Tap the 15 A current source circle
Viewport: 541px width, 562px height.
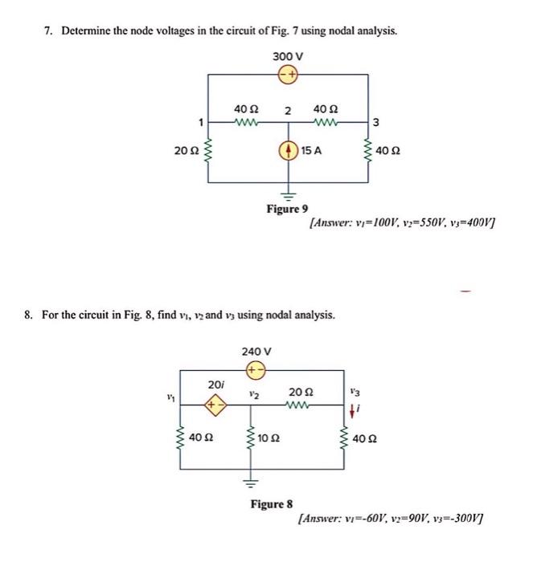289,149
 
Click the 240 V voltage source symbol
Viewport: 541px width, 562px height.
256,371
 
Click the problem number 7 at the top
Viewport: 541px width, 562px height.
48,31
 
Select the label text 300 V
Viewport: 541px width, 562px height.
287,56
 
